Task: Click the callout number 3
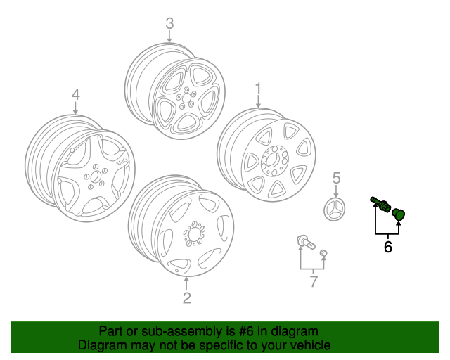[169, 23]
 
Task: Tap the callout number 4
[75, 94]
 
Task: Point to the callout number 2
[186, 297]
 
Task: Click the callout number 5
[336, 178]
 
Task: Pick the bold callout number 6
[387, 247]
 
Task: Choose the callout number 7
[314, 281]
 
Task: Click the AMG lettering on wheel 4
[121, 162]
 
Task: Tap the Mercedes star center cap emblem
[335, 209]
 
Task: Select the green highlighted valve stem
[380, 205]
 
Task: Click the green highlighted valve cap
[399, 214]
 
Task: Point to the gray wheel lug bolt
[307, 242]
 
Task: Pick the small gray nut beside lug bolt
[323, 253]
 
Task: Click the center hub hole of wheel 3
[186, 98]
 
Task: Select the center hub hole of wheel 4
[94, 177]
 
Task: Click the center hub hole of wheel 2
[194, 233]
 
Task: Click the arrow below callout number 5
[336, 191]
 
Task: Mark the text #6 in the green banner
[246, 331]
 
